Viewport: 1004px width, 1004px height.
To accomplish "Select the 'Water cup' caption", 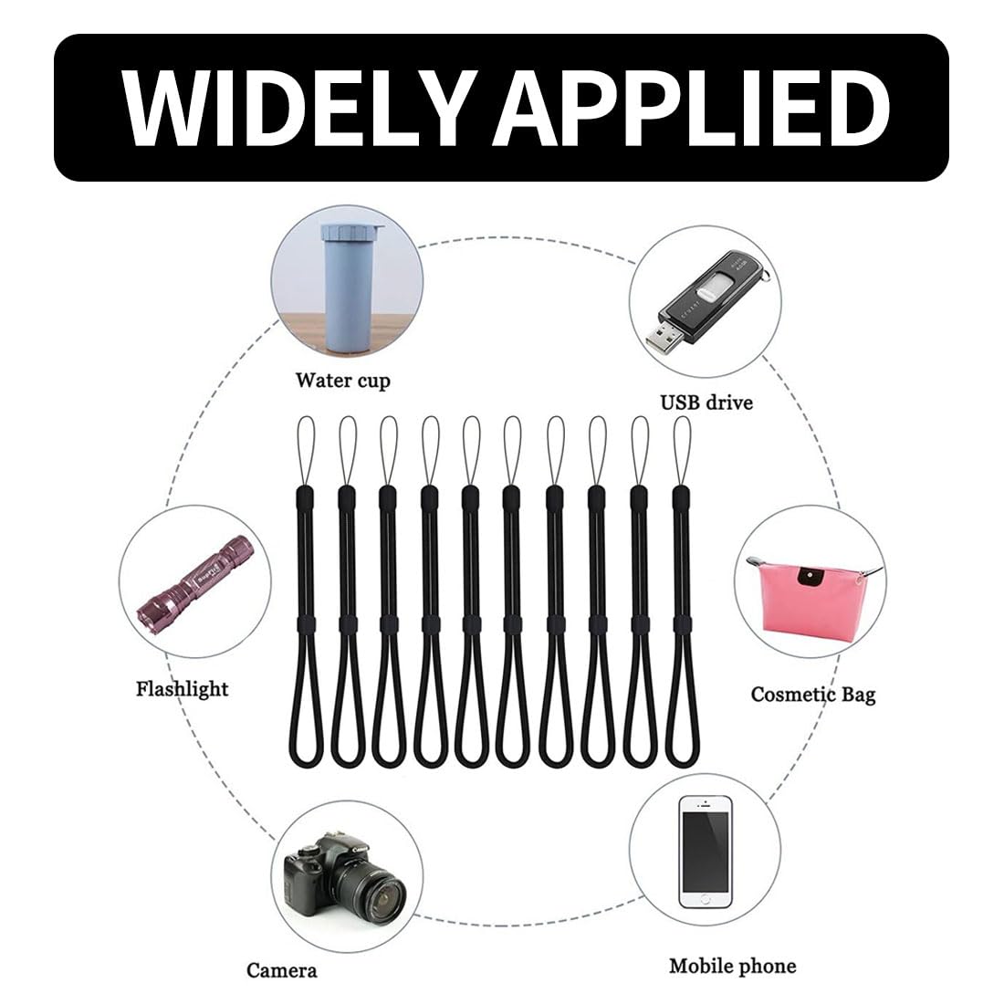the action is (x=342, y=380).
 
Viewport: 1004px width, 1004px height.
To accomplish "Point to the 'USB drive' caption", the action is (x=706, y=401).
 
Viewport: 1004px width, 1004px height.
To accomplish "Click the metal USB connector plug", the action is (x=664, y=340).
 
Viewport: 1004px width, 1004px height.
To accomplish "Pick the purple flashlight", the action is (x=193, y=575).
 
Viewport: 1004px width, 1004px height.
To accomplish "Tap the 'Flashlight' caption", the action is (x=182, y=688).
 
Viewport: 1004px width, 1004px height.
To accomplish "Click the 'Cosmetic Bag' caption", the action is (x=812, y=695).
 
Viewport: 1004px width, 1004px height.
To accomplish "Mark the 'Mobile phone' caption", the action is (x=732, y=966).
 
